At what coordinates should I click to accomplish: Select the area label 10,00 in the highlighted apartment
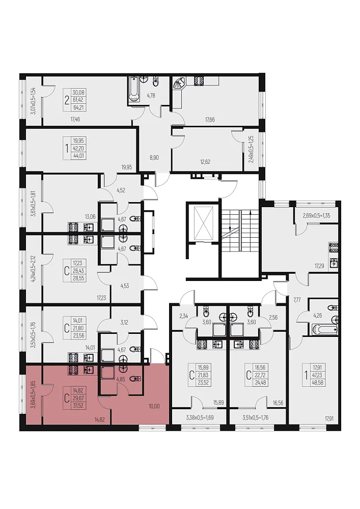click(154, 406)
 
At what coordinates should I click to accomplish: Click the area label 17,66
click(210, 120)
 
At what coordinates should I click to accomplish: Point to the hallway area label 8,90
click(154, 157)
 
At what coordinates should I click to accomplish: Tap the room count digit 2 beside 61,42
click(67, 100)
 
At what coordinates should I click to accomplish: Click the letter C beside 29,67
click(67, 398)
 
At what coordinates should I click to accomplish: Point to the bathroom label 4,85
click(121, 378)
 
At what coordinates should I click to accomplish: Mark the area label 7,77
click(297, 300)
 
